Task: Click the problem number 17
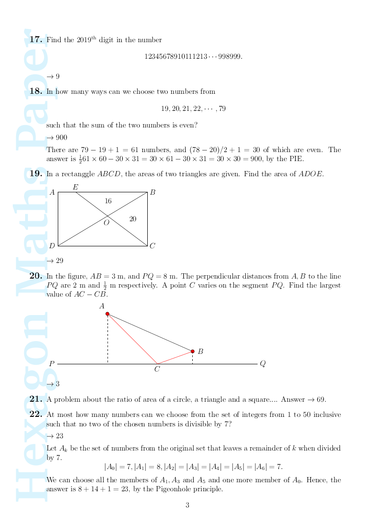36,39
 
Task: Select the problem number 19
36,173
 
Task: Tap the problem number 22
36,414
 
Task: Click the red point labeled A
107,314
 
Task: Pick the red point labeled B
192,351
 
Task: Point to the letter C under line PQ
157,370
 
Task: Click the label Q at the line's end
262,363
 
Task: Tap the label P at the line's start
52,364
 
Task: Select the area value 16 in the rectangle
108,201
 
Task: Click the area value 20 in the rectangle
133,219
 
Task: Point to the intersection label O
106,223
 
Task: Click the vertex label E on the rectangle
75,187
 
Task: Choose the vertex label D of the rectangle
52,246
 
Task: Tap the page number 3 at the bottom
188,505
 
